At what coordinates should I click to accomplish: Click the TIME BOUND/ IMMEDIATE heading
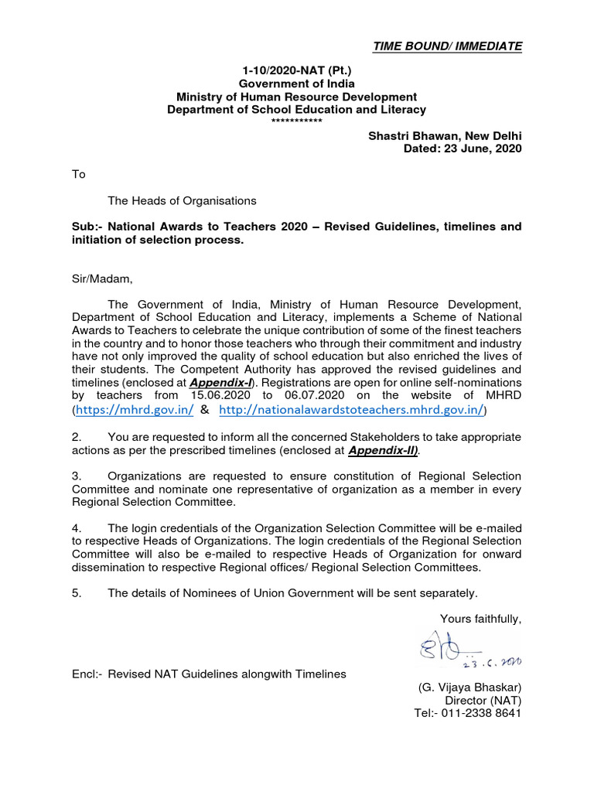pos(447,46)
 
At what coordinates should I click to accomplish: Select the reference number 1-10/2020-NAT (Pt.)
pos(297,71)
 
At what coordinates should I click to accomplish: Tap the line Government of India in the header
pos(297,84)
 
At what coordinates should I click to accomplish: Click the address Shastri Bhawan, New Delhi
pos(444,136)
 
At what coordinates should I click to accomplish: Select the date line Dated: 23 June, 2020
pos(463,148)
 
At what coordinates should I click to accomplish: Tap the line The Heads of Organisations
pos(182,200)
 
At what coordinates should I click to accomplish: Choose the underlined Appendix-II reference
pos(383,449)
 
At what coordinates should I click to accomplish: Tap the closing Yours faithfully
pos(480,618)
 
